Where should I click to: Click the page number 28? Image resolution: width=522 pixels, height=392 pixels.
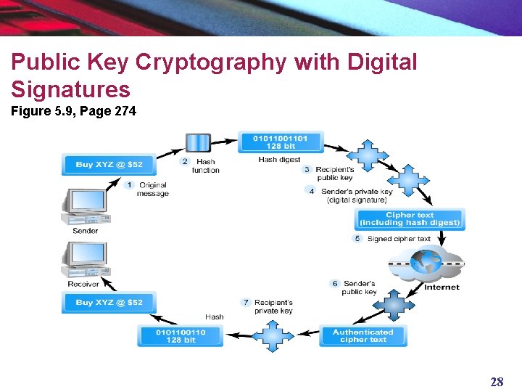pyautogui.click(x=497, y=382)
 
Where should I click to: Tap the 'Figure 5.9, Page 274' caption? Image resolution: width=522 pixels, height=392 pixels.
pyautogui.click(x=73, y=112)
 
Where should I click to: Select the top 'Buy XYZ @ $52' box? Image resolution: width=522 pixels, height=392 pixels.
pyautogui.click(x=109, y=165)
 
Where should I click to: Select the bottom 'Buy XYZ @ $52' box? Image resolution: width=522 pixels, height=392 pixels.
pyautogui.click(x=109, y=303)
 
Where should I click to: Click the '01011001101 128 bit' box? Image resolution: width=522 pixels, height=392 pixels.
pyautogui.click(x=281, y=142)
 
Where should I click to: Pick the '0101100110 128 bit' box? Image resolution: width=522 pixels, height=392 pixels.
pyautogui.click(x=180, y=336)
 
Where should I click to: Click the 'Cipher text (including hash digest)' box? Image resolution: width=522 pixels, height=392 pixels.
pyautogui.click(x=410, y=219)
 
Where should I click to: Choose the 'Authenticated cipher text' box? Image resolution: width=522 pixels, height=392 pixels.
pyautogui.click(x=362, y=336)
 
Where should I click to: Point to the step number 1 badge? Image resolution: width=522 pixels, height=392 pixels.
pyautogui.click(x=129, y=185)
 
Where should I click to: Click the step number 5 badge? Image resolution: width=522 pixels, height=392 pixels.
pyautogui.click(x=357, y=239)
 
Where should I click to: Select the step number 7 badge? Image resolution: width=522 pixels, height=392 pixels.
pyautogui.click(x=246, y=302)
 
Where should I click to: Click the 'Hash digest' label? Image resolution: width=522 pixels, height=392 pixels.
pyautogui.click(x=279, y=160)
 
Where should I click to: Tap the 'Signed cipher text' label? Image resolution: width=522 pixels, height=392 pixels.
pyautogui.click(x=399, y=239)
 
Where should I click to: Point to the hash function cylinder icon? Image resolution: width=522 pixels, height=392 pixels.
pyautogui.click(x=198, y=143)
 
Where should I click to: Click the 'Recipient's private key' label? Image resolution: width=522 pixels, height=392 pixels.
pyautogui.click(x=273, y=306)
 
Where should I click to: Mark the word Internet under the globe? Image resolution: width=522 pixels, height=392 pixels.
pyautogui.click(x=442, y=287)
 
